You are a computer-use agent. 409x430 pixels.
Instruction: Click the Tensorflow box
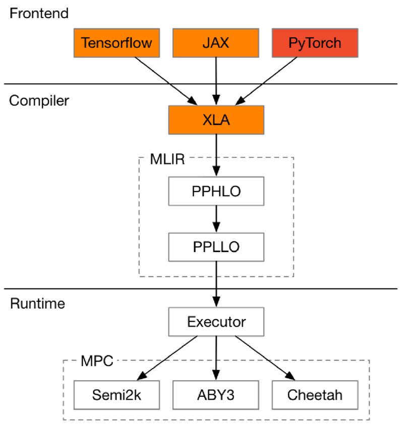[x=116, y=43]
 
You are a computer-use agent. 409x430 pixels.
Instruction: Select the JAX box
[x=216, y=43]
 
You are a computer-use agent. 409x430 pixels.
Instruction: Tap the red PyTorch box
[x=315, y=43]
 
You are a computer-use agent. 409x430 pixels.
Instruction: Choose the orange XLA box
[x=216, y=120]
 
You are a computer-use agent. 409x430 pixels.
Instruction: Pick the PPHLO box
[x=216, y=192]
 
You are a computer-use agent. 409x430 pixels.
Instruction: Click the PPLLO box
[x=216, y=248]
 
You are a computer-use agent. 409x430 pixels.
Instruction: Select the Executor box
[x=216, y=322]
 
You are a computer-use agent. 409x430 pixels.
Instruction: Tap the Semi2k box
[x=116, y=395]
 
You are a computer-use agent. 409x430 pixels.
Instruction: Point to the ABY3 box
[x=216, y=395]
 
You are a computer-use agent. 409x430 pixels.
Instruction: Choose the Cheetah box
[x=315, y=395]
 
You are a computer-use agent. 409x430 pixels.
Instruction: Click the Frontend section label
[x=39, y=13]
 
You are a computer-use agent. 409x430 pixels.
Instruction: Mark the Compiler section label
[x=39, y=100]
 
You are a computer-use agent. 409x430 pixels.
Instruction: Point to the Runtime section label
[x=37, y=303]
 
